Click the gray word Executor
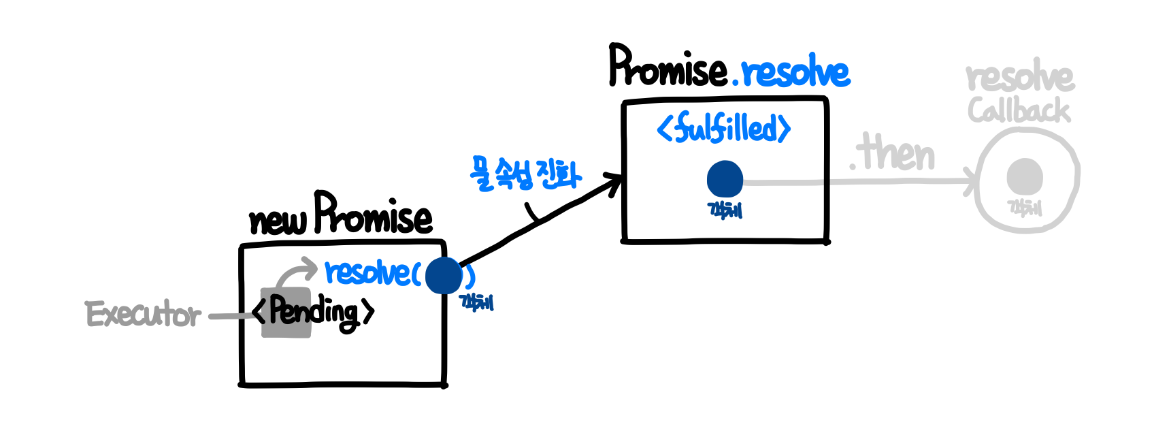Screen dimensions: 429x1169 tap(143, 315)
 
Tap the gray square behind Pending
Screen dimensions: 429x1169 tap(286, 313)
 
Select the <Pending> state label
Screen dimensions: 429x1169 tap(313, 313)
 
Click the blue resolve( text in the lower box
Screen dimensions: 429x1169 tap(372, 273)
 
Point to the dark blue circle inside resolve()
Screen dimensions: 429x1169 tap(444, 276)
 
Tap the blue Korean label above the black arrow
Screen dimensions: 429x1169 tap(525, 174)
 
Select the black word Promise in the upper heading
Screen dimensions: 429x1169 tap(668, 68)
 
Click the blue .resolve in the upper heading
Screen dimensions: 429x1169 tap(792, 72)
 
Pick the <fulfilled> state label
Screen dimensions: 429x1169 tap(724, 128)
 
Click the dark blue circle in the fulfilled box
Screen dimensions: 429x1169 tap(725, 179)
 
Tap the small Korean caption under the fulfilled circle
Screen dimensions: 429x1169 tap(725, 210)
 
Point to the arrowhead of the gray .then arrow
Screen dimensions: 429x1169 tap(971, 182)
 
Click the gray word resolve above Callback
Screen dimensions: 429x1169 tap(1019, 78)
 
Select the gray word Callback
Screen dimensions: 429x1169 tap(1019, 110)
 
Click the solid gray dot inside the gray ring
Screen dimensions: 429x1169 tap(1025, 176)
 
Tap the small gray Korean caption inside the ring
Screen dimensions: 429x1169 tap(1025, 207)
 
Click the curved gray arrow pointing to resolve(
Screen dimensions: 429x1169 tap(295, 272)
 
